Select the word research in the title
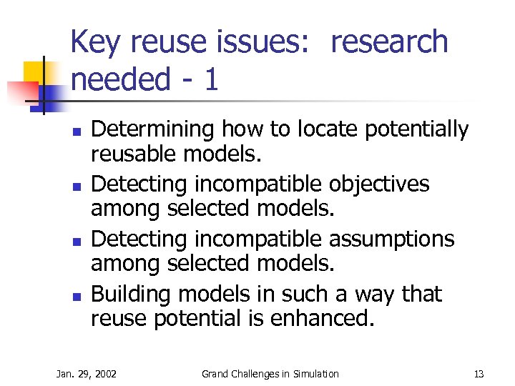[x=388, y=43]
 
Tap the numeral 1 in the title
[x=210, y=80]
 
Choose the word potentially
[x=417, y=130]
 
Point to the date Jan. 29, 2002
[x=87, y=374]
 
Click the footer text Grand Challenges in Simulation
[x=270, y=374]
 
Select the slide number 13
[x=479, y=374]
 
